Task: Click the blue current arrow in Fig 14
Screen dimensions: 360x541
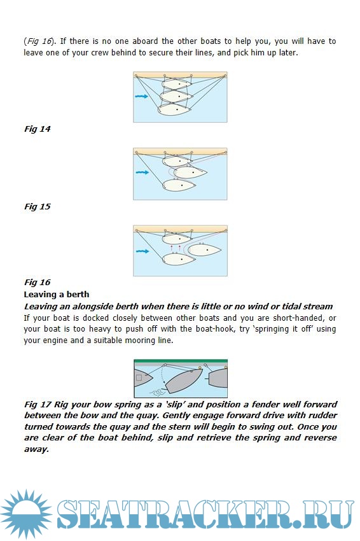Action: (141, 96)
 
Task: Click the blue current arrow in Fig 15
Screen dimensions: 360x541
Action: (142, 172)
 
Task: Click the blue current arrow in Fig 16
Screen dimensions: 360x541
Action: (142, 251)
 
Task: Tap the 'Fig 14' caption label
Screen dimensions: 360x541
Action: (38, 129)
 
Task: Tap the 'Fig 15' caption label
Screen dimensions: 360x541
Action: (38, 207)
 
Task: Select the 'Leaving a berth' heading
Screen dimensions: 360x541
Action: (57, 294)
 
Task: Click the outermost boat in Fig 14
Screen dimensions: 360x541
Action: (174, 109)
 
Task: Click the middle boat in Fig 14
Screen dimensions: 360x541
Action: (176, 96)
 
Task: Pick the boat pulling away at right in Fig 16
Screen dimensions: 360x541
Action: (204, 249)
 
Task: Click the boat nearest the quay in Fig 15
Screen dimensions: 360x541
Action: (177, 160)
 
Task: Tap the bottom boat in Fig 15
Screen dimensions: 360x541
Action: (179, 185)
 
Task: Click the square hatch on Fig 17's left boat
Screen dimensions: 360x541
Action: (139, 378)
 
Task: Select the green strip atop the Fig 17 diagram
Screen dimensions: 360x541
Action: (181, 361)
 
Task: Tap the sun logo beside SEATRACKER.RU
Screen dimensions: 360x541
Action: (26, 514)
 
